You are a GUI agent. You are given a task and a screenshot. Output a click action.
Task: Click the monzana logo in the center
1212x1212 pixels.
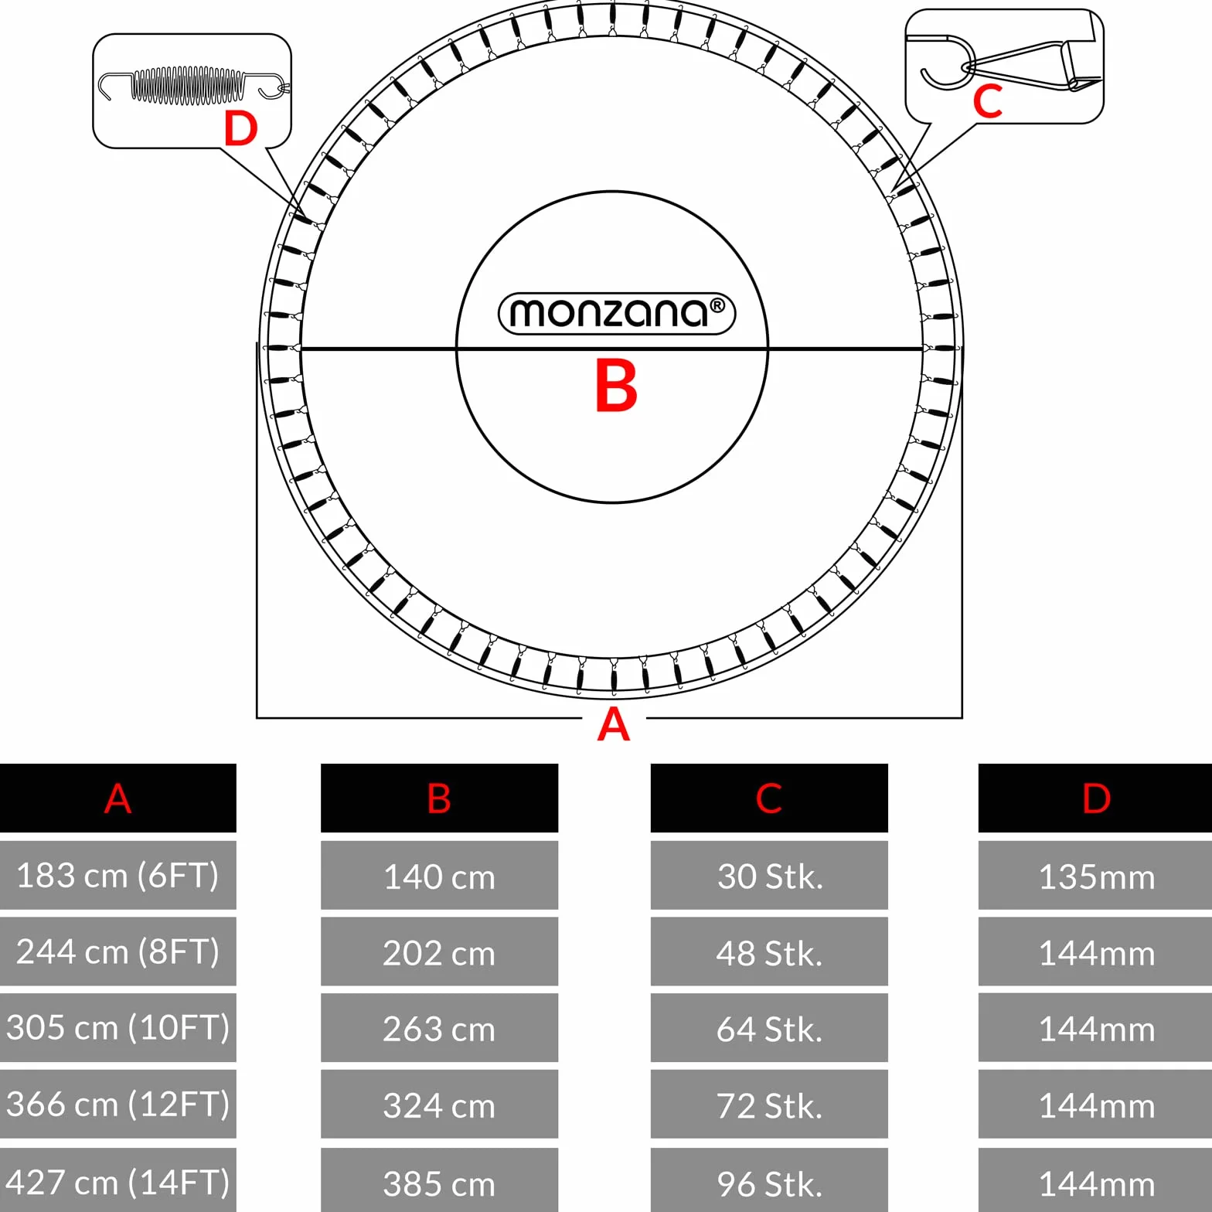(x=617, y=313)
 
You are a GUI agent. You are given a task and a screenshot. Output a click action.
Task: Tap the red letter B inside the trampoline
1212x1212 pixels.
(x=616, y=386)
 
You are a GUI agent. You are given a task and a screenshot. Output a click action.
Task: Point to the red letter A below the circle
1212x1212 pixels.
(x=614, y=723)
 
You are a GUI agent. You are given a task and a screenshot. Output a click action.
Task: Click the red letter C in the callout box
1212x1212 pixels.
(x=988, y=101)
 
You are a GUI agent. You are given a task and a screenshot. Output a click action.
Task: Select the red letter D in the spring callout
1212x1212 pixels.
(x=240, y=128)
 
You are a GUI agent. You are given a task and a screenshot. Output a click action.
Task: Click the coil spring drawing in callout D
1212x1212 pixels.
(x=194, y=85)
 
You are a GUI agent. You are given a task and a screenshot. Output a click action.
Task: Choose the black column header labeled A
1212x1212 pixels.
(x=117, y=798)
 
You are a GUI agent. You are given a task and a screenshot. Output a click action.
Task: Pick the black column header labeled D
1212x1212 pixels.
(x=1095, y=798)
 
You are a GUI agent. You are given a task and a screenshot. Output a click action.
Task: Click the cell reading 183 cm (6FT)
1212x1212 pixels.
(x=117, y=875)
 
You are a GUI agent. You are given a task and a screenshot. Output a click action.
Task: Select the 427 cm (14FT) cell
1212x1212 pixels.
(x=117, y=1180)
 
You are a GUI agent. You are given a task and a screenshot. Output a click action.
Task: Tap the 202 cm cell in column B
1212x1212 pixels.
(x=439, y=952)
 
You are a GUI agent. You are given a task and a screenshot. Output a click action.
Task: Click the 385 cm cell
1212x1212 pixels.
(x=439, y=1180)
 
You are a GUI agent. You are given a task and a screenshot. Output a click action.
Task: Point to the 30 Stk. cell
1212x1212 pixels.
(x=769, y=875)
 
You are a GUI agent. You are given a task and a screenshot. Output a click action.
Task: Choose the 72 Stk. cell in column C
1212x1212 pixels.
(x=769, y=1104)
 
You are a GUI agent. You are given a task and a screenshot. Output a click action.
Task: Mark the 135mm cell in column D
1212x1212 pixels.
(x=1095, y=875)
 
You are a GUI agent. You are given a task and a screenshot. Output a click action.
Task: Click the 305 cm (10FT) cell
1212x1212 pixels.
(x=117, y=1027)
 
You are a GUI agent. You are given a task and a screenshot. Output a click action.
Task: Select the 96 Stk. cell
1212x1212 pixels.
(x=769, y=1180)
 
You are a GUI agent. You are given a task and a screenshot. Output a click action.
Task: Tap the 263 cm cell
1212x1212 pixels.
(x=439, y=1027)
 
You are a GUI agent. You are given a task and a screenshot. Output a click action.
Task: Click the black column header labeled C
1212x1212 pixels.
(x=769, y=798)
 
